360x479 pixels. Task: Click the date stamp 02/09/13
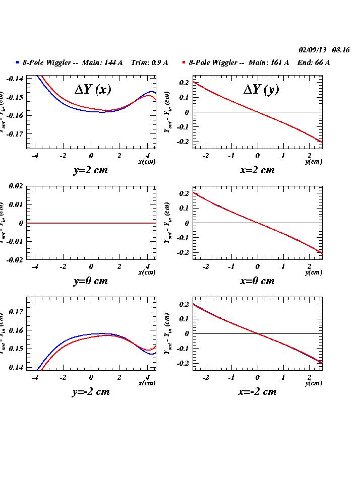(x=313, y=50)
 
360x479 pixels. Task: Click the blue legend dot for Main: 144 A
(x=17, y=62)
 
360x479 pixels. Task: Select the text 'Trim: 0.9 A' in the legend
(x=149, y=62)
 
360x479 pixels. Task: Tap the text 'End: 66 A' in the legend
(x=313, y=62)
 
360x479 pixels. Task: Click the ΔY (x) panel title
(x=93, y=90)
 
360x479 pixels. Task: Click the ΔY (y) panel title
(x=261, y=90)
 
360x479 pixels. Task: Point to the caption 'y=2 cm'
(x=91, y=170)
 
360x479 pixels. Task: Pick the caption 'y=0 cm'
(x=91, y=281)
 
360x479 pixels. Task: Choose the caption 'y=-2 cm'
(x=91, y=391)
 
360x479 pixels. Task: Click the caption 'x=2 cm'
(x=257, y=170)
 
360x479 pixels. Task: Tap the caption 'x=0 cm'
(x=257, y=281)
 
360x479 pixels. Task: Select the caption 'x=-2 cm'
(x=257, y=391)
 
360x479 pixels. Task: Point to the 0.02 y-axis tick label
(x=16, y=186)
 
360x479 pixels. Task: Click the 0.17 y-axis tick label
(x=16, y=312)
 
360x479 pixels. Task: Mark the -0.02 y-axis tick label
(x=15, y=259)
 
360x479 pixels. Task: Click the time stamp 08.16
(x=341, y=50)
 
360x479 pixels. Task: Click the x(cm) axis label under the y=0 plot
(x=147, y=272)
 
